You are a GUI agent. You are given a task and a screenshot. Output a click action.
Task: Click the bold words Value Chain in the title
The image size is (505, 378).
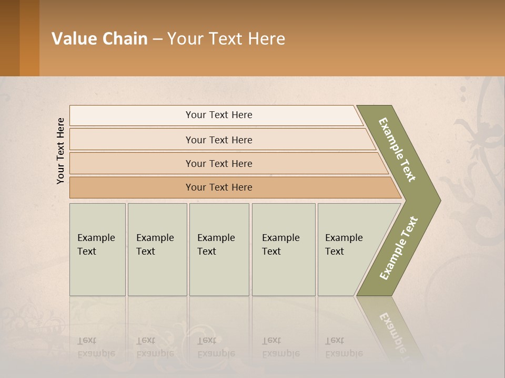(x=99, y=39)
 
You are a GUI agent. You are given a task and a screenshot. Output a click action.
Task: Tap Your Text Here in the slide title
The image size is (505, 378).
(x=226, y=39)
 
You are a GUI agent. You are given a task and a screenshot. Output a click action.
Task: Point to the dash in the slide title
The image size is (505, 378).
(x=157, y=39)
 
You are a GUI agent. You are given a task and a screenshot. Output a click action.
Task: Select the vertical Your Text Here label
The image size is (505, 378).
(x=60, y=151)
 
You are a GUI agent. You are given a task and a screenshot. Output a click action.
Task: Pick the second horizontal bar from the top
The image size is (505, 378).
(x=219, y=140)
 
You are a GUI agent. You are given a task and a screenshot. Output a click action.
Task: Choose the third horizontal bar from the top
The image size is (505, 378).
(x=219, y=163)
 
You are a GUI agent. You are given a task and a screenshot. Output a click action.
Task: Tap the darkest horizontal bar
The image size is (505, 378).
(x=219, y=187)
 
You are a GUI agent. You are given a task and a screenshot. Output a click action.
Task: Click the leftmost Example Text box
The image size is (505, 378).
(x=97, y=249)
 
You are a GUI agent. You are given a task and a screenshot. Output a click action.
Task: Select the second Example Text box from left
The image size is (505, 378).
(x=157, y=249)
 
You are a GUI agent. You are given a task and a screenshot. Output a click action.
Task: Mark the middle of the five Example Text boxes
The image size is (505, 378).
(x=219, y=249)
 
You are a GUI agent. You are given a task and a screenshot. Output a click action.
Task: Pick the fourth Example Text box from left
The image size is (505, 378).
(x=284, y=249)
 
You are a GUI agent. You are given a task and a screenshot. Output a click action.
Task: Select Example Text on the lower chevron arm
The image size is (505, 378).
(x=398, y=248)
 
